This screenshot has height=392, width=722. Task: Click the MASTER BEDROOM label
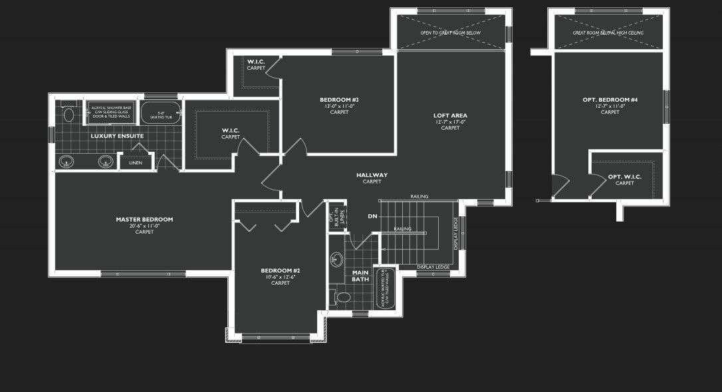144,219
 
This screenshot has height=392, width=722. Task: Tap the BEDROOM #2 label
280,270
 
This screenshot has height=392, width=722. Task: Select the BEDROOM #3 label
339,100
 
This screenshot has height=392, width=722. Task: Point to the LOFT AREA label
450,115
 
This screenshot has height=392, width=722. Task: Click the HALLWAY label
372,175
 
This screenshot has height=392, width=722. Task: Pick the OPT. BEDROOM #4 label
610,100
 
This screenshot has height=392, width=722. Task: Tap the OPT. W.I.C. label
624,177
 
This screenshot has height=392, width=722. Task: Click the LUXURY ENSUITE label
117,136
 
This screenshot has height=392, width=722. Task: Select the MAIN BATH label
360,276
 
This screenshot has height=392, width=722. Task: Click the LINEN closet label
136,162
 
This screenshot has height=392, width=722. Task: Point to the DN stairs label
372,216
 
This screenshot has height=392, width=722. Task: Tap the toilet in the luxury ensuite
68,114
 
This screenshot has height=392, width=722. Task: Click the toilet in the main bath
343,297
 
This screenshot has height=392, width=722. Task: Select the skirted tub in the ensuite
160,113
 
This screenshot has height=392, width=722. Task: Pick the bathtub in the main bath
386,288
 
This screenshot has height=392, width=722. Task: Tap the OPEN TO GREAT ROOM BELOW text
450,32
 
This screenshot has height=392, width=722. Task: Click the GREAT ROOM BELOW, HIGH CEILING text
609,32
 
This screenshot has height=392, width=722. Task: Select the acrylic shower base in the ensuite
111,113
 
